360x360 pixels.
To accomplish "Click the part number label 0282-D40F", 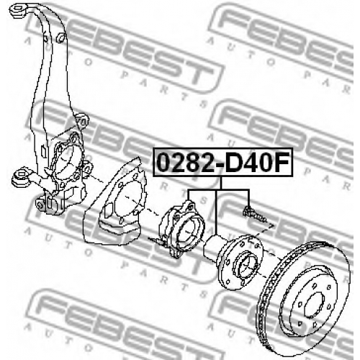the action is coord(223,163).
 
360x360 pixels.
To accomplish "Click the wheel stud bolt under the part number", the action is coord(255,214).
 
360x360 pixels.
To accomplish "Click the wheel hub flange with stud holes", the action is coord(240,262).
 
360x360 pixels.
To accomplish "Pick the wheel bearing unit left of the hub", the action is coord(181,228).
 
